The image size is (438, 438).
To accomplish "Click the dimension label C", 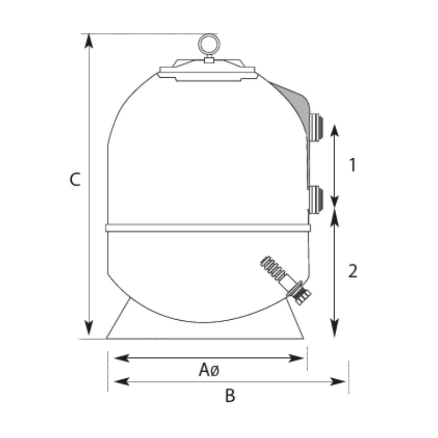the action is [75, 179].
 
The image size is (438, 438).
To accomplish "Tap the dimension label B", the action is [230, 395].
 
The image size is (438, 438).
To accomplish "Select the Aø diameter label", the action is [209, 370].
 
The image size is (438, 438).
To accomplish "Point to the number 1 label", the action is [353, 165].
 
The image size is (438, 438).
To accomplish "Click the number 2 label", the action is [353, 270].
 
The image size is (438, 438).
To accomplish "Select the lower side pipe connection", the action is [316, 199].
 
